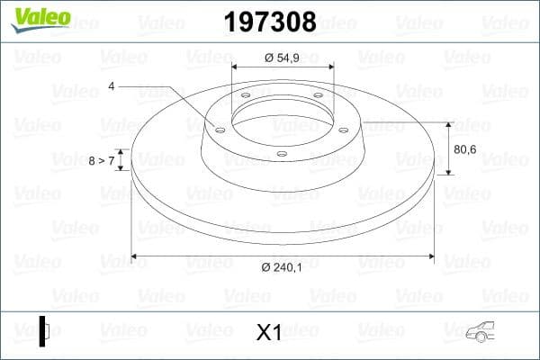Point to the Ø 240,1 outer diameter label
pos(281,266)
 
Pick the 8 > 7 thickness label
pos(102,160)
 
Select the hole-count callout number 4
pos(112,86)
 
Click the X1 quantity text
pos(269,333)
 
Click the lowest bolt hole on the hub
pos(281,154)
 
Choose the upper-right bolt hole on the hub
pos(319,97)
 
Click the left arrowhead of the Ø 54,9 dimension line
pos(235,67)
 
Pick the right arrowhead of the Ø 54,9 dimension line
pos(331,67)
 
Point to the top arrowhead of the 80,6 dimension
pos(448,124)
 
